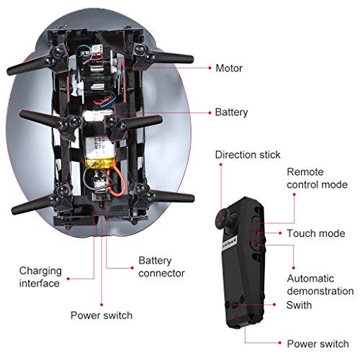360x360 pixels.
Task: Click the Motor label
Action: pyautogui.click(x=229, y=68)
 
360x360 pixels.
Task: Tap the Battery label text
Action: pyautogui.click(x=231, y=112)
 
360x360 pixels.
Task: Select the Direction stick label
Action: pyautogui.click(x=248, y=155)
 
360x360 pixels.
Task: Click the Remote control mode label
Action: pyautogui.click(x=317, y=179)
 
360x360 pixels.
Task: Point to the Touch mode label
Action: pyautogui.click(x=316, y=233)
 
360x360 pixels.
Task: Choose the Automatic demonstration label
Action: pyautogui.click(x=320, y=284)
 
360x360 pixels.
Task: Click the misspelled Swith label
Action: pyautogui.click(x=299, y=305)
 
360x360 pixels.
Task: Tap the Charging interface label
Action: pyautogui.click(x=40, y=277)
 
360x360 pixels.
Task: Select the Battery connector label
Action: pyautogui.click(x=161, y=267)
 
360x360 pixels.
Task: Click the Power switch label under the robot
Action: pyautogui.click(x=102, y=315)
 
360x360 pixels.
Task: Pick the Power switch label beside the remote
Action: pyautogui.click(x=318, y=343)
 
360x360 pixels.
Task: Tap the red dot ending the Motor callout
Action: pyautogui.click(x=210, y=68)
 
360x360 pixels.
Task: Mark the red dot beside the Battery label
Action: pyautogui.click(x=210, y=112)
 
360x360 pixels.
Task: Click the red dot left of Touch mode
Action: pyautogui.click(x=280, y=233)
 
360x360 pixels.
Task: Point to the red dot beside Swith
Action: pyautogui.click(x=274, y=305)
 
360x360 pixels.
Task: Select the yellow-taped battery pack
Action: pyautogui.click(x=99, y=153)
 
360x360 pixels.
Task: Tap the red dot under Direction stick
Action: pyautogui.click(x=221, y=164)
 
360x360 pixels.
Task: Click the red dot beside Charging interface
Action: pyautogui.click(x=68, y=279)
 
